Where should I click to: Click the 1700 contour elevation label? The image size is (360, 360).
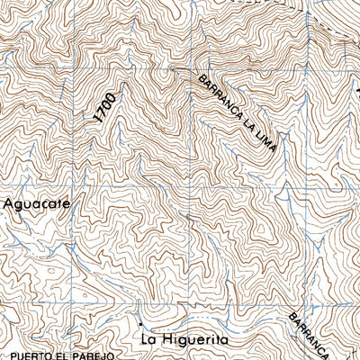click(104, 106)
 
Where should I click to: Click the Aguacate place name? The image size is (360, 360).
click(36, 203)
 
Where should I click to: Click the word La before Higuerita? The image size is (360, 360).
click(151, 340)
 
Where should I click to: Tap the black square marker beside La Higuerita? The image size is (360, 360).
click(141, 321)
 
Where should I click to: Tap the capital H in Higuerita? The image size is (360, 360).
click(171, 340)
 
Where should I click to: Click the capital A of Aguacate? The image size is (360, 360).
click(8, 203)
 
